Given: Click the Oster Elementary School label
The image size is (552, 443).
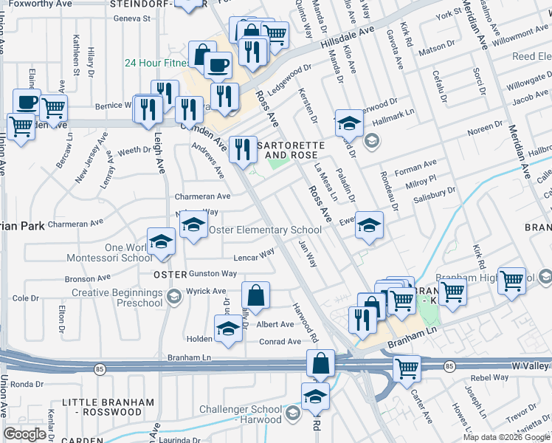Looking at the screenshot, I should coord(266,230).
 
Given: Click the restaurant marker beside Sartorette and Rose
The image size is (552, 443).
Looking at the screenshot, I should coord(241,151).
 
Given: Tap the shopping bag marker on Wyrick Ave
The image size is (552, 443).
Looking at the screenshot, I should coord(255,295).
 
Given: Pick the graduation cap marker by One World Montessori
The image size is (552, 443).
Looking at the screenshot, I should coord(160,243).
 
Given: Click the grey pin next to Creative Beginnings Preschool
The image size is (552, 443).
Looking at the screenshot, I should coord(173,298).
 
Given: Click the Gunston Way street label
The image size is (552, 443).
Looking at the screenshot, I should coord(213,273).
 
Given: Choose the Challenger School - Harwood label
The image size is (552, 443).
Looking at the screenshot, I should coord(230,411).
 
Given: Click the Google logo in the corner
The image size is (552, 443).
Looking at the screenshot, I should coord(25,433).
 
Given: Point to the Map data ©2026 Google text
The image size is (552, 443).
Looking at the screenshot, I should coord(506,437).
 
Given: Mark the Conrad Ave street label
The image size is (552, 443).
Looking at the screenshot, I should coord(279,341).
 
